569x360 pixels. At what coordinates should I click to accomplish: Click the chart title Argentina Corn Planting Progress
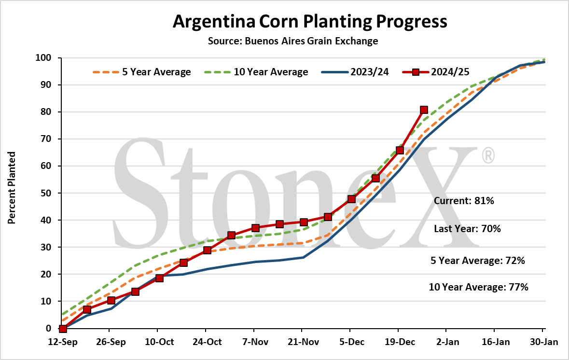tap(310, 21)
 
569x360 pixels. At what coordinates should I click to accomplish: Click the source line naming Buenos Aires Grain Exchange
tap(293, 41)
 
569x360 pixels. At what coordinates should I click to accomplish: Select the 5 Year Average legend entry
tap(142, 72)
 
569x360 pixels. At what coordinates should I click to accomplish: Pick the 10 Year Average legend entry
tap(256, 72)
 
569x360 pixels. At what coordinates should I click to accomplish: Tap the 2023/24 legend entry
tap(355, 72)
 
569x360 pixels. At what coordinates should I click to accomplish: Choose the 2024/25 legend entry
tap(436, 72)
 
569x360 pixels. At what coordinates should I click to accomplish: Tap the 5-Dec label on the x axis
tap(352, 342)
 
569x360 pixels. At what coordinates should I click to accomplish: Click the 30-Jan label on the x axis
tap(543, 342)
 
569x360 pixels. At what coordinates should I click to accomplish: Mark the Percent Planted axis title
tap(12, 188)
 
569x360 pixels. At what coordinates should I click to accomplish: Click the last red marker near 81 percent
tap(424, 110)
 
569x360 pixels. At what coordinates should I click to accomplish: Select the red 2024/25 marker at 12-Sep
tap(63, 329)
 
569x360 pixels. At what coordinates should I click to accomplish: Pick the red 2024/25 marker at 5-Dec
tap(351, 199)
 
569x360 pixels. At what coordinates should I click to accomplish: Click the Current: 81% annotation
tap(464, 201)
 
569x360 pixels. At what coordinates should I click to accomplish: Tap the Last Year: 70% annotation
tap(467, 229)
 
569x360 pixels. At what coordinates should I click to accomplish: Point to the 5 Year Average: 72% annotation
tap(478, 261)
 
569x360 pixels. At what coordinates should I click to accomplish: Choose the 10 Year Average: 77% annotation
tap(479, 287)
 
